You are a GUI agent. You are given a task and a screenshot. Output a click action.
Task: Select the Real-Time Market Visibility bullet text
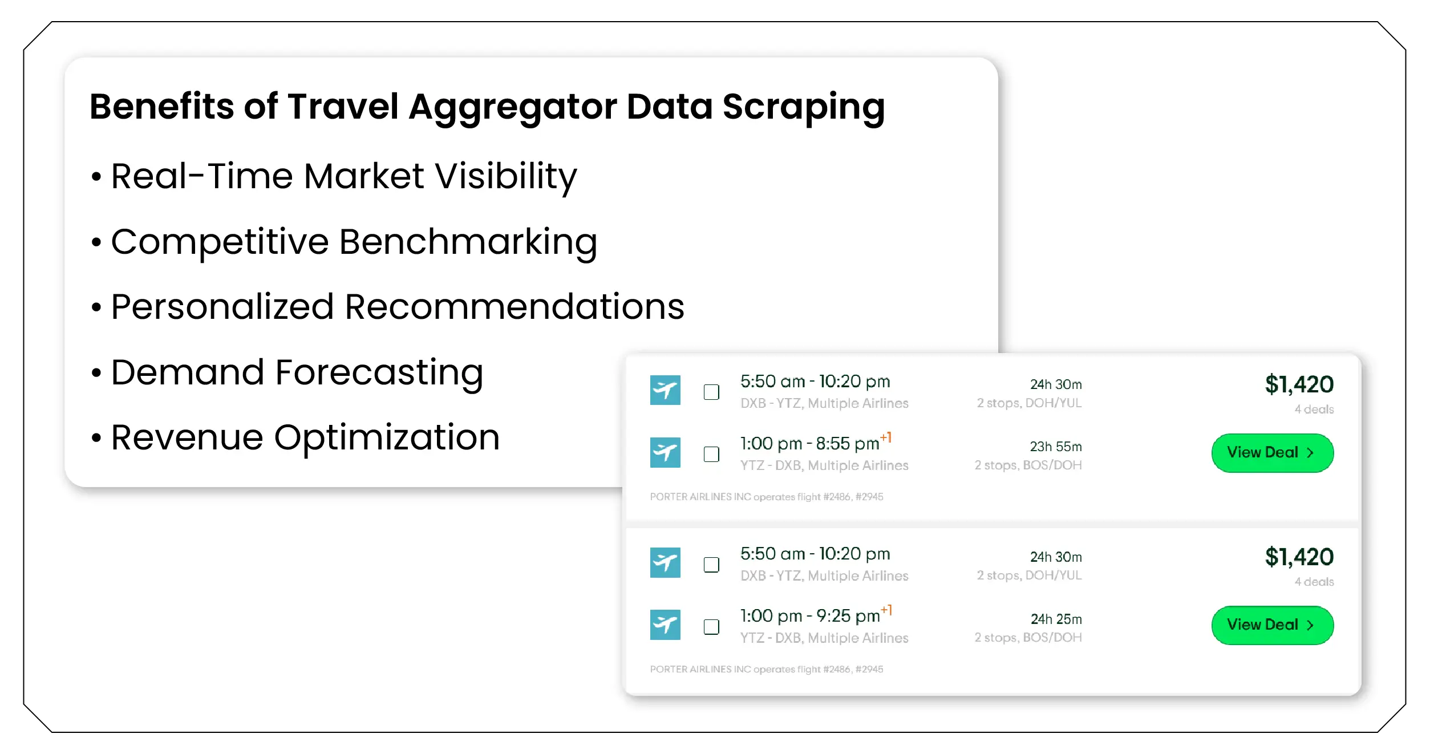click(343, 176)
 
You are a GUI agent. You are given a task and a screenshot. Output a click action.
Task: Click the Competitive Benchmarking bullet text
click(354, 242)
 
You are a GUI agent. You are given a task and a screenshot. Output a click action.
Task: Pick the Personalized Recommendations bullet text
click(397, 307)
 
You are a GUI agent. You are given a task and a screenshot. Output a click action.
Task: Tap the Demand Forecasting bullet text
click(297, 372)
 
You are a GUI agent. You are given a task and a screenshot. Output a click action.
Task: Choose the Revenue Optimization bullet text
click(305, 437)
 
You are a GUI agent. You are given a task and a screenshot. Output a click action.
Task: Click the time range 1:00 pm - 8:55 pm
click(809, 444)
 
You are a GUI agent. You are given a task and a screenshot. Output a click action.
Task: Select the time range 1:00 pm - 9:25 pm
click(809, 616)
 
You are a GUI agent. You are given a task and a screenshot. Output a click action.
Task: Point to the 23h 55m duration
click(1055, 447)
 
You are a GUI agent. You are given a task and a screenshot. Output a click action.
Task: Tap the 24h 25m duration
click(1056, 619)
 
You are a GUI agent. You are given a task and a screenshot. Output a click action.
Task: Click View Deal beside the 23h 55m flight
click(1272, 453)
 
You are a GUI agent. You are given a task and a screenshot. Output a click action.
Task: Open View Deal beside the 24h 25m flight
click(1272, 625)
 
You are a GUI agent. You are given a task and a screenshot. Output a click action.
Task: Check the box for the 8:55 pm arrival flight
click(711, 455)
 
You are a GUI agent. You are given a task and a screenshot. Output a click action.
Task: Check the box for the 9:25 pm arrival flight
click(711, 627)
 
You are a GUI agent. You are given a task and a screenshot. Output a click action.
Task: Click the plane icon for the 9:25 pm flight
click(665, 625)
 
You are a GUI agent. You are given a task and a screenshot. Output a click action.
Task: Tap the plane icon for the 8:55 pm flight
click(665, 452)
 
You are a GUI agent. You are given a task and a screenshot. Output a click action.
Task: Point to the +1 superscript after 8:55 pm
click(886, 437)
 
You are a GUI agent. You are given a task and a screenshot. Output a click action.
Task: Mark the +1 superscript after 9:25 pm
click(886, 610)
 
